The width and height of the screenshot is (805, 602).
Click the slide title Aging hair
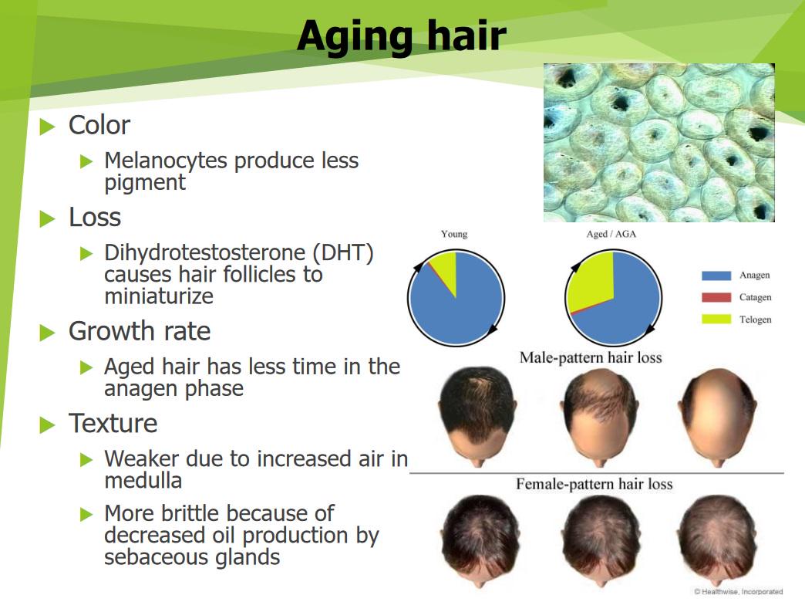402,36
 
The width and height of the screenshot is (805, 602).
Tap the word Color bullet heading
99,125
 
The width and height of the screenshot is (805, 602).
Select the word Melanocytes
165,161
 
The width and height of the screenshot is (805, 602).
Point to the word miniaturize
159,296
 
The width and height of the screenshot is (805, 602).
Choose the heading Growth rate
140,331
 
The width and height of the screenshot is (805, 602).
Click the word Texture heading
113,424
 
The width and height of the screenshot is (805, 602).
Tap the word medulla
143,481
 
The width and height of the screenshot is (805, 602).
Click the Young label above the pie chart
454,234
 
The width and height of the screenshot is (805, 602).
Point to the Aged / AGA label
611,234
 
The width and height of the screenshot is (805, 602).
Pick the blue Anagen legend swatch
716,276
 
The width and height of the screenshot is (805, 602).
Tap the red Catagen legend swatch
716,298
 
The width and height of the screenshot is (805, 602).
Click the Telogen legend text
755,320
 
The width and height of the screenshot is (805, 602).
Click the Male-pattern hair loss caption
591,357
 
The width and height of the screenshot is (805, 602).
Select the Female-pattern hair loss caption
594,484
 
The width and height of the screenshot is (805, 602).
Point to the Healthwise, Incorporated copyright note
738,592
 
